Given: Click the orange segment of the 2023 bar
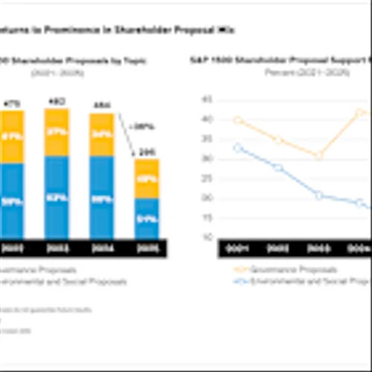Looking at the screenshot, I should point(57,131).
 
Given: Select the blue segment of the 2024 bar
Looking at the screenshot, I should point(102,197).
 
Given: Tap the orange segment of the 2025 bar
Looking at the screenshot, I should point(146,179).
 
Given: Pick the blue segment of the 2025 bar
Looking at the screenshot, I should point(146,218).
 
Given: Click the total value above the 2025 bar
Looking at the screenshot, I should point(146,151).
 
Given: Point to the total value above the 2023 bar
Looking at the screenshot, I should point(57,102).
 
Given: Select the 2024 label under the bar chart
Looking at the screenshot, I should point(102,248).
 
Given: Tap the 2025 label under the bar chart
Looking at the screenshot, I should point(146,248).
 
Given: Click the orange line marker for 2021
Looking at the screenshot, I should point(238,120).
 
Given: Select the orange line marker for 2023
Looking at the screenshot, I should point(318,156).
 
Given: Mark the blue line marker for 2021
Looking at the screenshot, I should point(238,147).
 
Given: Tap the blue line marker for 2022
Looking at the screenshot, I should point(278,167).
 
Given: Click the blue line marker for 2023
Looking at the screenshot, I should point(318,195).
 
